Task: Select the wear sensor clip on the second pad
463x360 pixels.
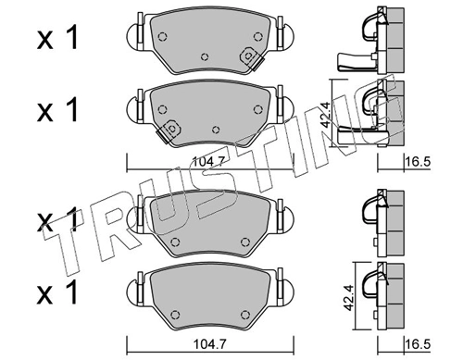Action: pos(169,130)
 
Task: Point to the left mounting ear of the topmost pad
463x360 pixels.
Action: pos(135,36)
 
